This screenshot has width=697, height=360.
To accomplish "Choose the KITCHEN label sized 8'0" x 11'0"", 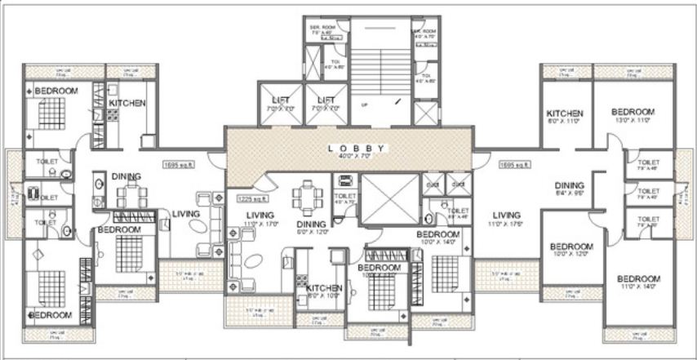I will [564, 113].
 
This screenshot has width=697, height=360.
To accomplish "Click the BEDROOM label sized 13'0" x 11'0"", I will [633, 112].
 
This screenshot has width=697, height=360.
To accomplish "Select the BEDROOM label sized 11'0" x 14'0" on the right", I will [639, 279].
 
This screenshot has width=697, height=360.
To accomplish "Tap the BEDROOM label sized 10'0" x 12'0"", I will [570, 247].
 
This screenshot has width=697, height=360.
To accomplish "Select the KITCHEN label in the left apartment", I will [127, 104].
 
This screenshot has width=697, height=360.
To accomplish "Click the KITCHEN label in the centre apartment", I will [324, 287].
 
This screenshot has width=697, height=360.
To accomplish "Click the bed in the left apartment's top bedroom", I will [47, 111].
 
